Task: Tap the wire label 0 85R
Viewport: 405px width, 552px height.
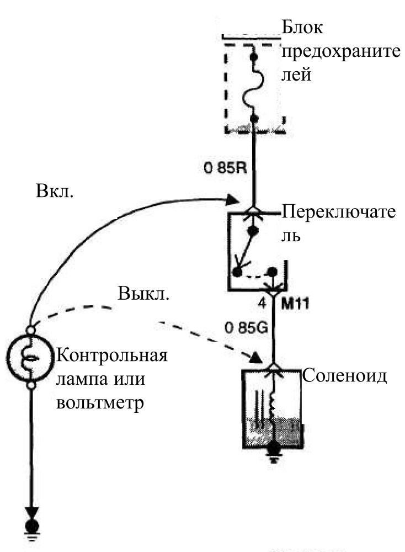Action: (226, 168)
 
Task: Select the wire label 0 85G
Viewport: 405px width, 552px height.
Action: (246, 328)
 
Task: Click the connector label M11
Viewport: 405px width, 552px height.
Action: (295, 304)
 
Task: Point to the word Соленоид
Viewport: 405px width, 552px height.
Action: (344, 375)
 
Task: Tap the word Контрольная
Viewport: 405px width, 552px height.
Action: (112, 355)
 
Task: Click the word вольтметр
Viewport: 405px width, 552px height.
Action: (100, 403)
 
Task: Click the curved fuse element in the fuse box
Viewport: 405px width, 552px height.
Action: (254, 88)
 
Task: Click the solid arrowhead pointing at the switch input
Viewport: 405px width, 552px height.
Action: (232, 200)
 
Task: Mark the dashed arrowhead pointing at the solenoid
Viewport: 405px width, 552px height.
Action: (256, 358)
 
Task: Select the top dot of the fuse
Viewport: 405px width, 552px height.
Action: (254, 57)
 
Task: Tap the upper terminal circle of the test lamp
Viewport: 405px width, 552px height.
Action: (30, 330)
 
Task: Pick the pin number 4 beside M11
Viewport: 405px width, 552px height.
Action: (262, 304)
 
